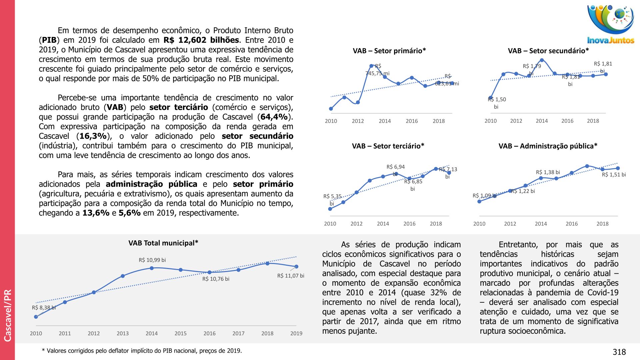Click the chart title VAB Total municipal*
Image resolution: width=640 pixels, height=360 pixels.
click(x=163, y=243)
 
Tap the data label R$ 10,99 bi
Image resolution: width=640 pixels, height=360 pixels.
click(x=152, y=260)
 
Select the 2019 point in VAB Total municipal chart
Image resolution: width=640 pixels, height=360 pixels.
click(x=296, y=267)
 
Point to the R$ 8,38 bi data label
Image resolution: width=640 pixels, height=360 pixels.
click(x=44, y=308)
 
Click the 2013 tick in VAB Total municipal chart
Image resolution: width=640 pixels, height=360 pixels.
click(x=123, y=333)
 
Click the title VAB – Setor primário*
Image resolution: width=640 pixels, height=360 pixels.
click(x=389, y=51)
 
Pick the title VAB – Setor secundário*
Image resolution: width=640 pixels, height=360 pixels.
click(x=548, y=51)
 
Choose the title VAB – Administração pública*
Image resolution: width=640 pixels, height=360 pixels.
click(x=548, y=146)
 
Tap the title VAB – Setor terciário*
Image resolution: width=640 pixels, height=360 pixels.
click(x=388, y=146)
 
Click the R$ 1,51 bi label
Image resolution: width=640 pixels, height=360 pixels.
click(x=614, y=175)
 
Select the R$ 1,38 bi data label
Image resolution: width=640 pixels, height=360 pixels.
click(x=548, y=172)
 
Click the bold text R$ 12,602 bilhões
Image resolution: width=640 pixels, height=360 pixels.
click(x=201, y=40)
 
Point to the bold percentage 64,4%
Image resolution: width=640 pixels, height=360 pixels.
click(x=274, y=117)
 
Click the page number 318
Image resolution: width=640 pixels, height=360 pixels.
click(x=619, y=352)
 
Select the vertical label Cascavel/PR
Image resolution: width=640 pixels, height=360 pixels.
click(x=7, y=315)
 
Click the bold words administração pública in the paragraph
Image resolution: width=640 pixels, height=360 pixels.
click(x=151, y=184)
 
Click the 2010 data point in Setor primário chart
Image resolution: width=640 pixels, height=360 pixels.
click(x=331, y=109)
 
